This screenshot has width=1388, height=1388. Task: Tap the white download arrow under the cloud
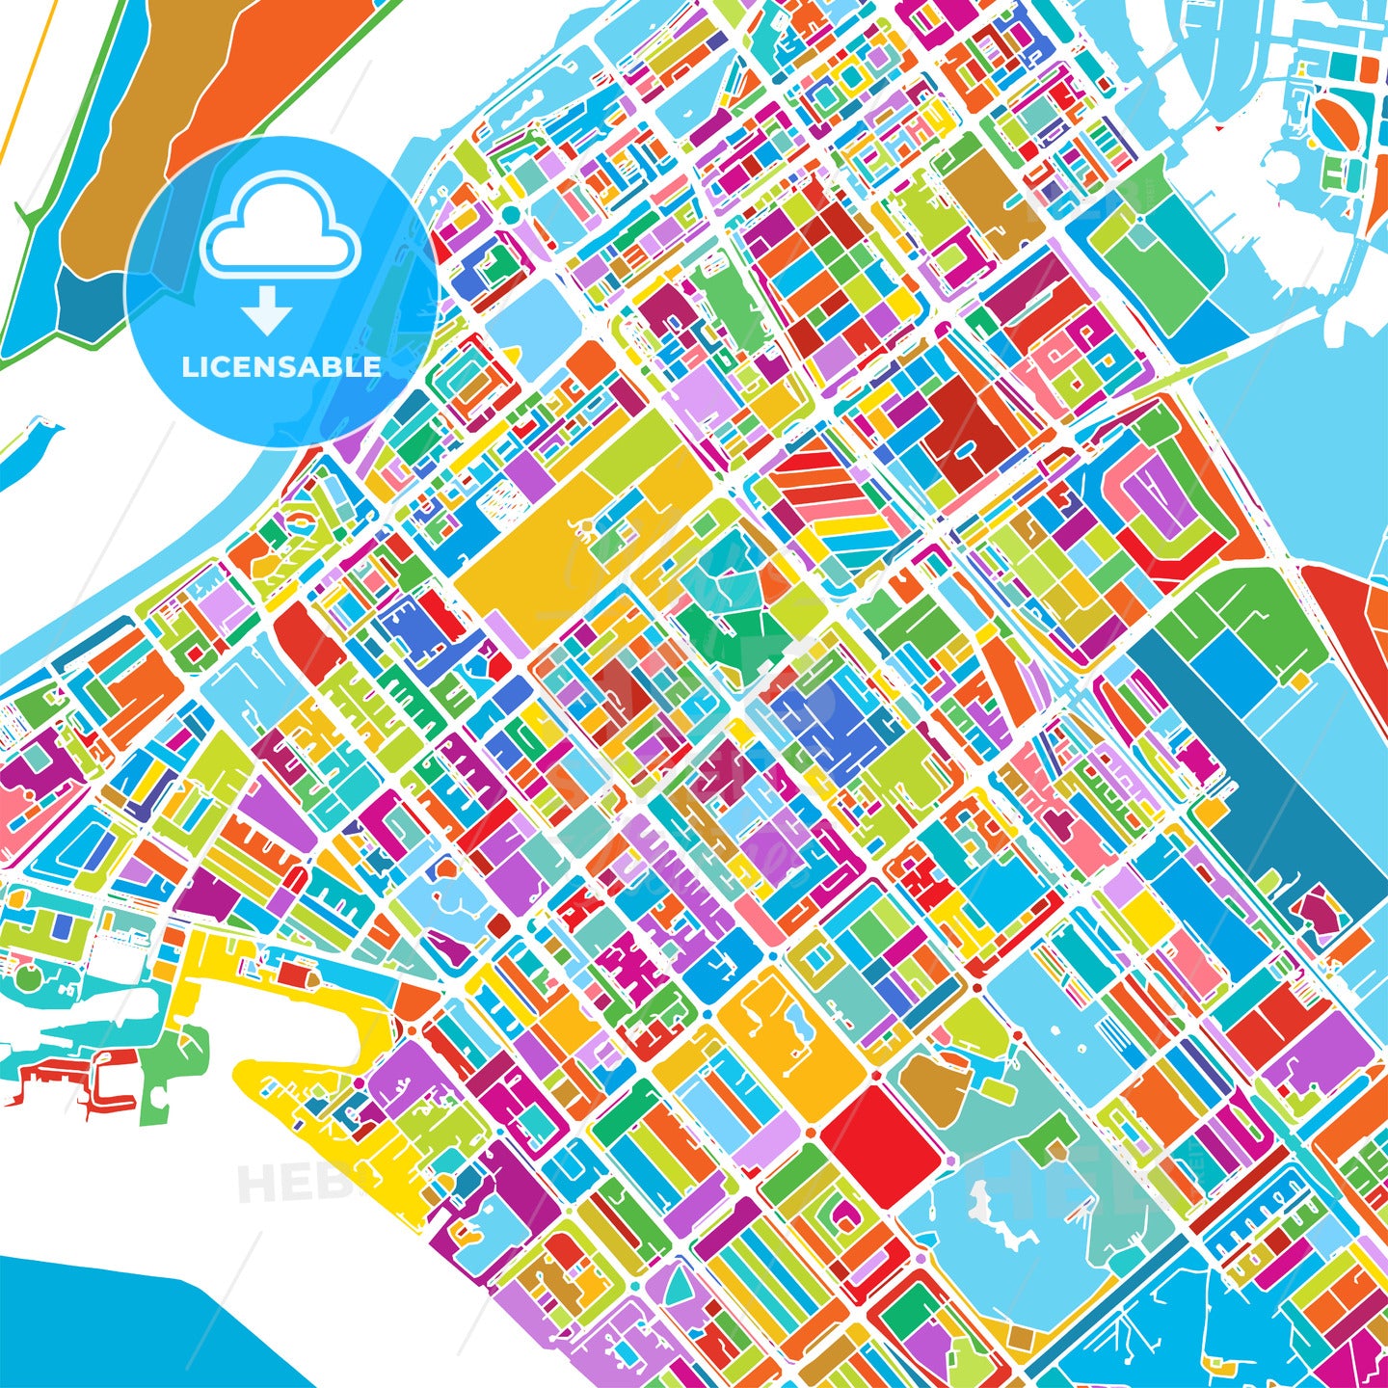[x=266, y=310]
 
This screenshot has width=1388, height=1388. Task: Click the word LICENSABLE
[x=280, y=367]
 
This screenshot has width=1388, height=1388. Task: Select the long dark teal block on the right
[x=1282, y=800]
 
